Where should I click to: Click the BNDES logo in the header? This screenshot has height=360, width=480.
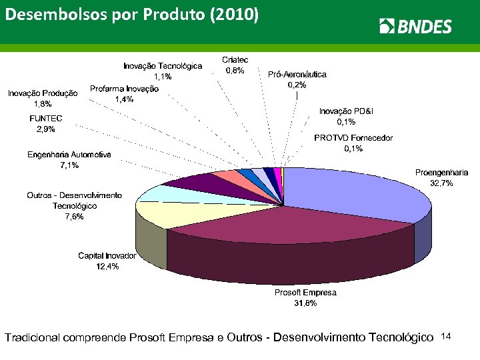415,26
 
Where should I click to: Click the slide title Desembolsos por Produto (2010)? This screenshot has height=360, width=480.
131,15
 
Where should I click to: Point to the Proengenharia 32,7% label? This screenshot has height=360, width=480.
441,177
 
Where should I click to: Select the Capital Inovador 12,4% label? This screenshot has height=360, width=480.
107,261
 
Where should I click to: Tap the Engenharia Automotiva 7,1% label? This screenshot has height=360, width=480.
69,159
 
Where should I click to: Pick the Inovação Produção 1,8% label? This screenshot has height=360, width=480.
43,98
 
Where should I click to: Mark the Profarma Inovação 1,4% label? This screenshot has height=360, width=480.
124,93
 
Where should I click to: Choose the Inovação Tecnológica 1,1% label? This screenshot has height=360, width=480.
162,71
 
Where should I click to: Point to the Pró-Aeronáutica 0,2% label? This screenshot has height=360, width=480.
297,79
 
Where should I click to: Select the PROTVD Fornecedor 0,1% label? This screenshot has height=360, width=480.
353,143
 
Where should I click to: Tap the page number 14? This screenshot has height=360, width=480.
447,338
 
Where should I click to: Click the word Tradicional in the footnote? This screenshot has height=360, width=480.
33,339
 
